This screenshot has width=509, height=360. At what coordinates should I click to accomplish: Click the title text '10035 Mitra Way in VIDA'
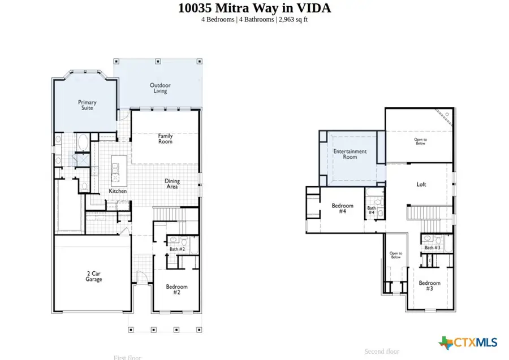point(255,8)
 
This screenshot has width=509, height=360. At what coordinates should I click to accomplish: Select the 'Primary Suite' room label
point(87,105)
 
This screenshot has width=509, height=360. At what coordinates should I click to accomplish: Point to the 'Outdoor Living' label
point(160,88)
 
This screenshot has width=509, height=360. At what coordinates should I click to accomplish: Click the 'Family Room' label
point(165,138)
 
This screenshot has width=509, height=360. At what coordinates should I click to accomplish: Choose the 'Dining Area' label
point(172,184)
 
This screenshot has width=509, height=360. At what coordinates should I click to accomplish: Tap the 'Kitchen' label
point(118,191)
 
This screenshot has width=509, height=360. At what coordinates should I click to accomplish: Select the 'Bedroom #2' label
point(176,290)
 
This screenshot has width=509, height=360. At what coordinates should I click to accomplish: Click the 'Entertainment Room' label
point(350,154)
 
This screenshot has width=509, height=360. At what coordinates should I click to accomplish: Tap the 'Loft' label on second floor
point(421,184)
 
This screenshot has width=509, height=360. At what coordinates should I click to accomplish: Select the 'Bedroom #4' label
point(342,209)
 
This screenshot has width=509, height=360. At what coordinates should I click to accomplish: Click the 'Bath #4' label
point(372,211)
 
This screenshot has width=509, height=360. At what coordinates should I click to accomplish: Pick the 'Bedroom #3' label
point(429,285)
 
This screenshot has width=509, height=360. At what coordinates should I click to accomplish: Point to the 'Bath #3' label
point(433,248)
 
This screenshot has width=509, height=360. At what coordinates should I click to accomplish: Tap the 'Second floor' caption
point(382,352)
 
